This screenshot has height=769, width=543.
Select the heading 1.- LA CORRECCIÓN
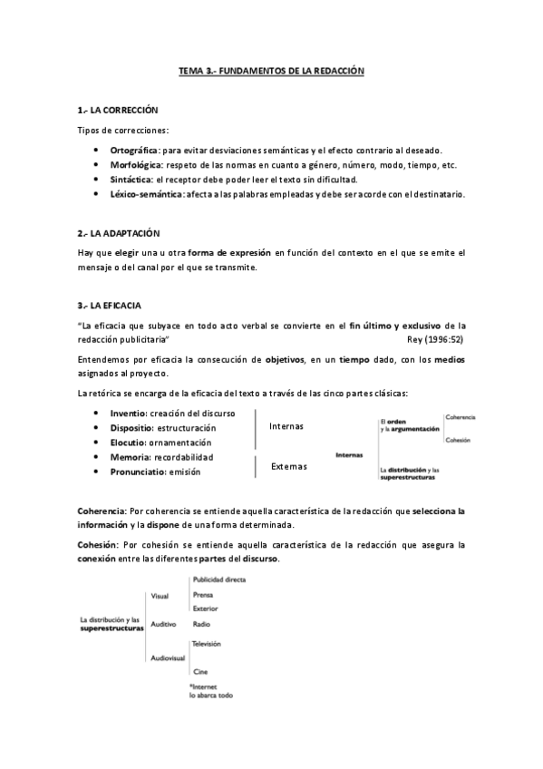click(112, 110)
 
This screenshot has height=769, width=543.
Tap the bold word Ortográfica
click(135, 150)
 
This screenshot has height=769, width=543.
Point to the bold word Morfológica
click(136, 165)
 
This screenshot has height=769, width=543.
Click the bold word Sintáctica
click(131, 180)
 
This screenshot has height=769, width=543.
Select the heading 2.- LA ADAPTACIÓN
click(112, 234)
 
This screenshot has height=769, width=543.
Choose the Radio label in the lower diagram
click(200, 624)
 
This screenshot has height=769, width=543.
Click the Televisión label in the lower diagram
click(206, 642)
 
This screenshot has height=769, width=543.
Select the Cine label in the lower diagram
click(199, 671)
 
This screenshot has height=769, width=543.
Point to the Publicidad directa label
click(218, 579)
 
